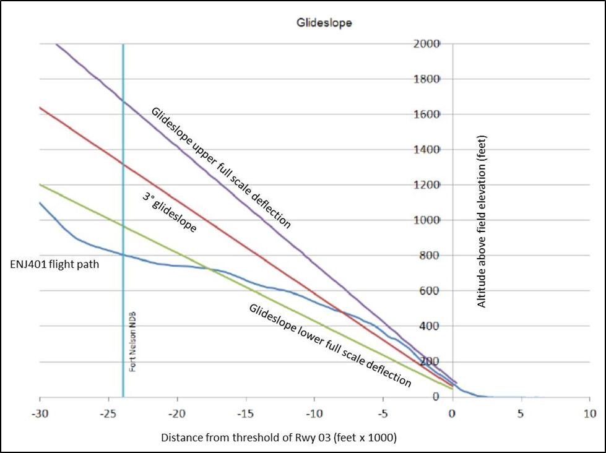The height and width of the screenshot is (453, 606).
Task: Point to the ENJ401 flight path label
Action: point(54,265)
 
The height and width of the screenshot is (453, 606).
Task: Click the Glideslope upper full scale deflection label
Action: point(220,168)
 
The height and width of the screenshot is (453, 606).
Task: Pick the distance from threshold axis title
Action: point(279,437)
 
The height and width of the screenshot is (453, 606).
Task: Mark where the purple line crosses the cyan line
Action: point(123,101)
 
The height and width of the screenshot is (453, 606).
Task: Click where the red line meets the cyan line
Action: point(123,164)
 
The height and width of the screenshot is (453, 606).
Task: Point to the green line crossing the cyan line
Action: point(123,226)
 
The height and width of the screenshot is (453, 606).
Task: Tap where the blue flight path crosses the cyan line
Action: point(123,254)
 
